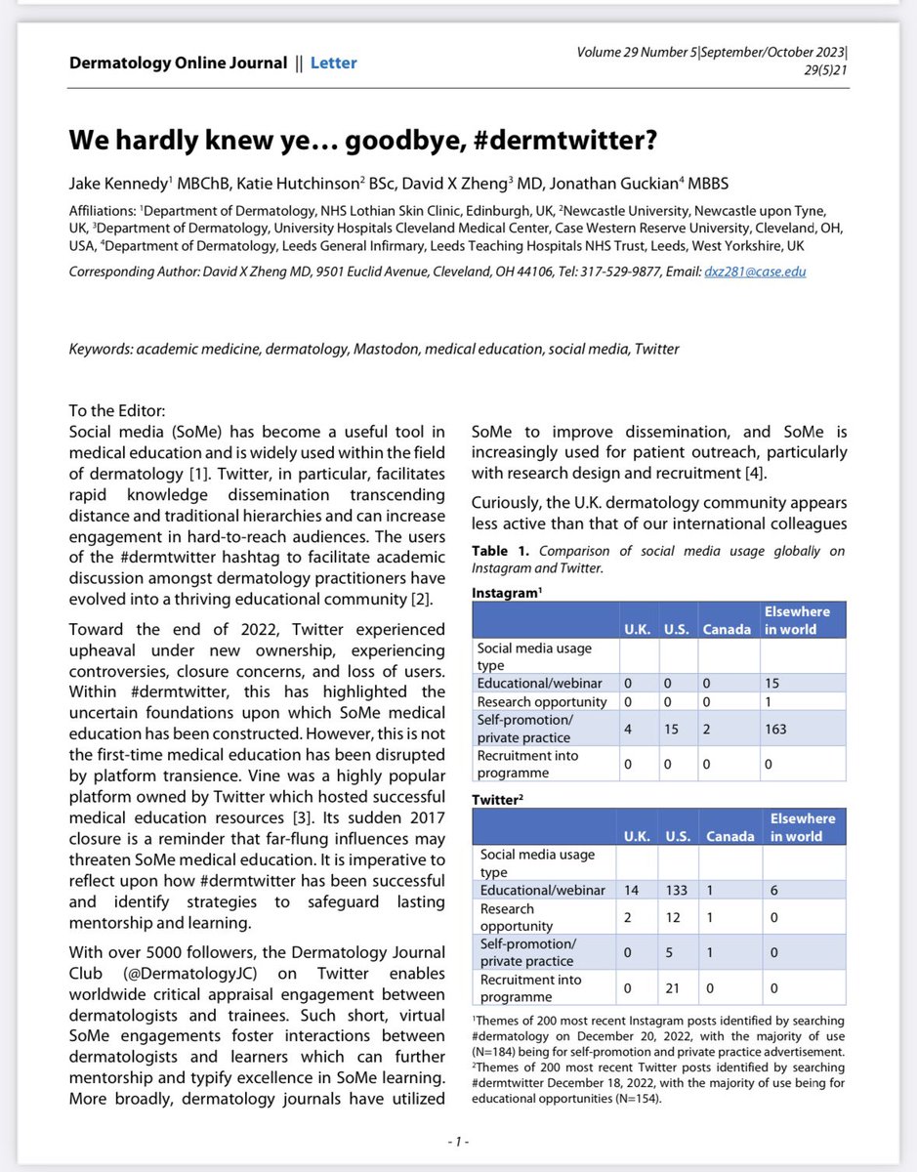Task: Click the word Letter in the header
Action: [333, 63]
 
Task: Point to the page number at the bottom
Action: [458, 1141]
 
